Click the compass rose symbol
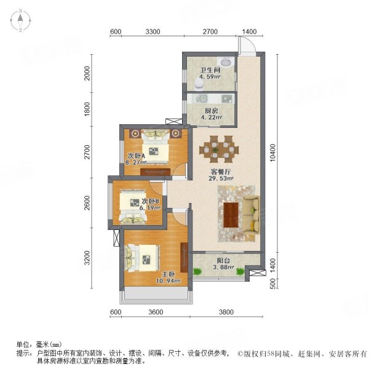(x=20, y=20)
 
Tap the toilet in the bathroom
(x=199, y=84)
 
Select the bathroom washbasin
(x=226, y=62)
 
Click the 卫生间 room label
(x=210, y=70)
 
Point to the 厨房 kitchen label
(x=212, y=111)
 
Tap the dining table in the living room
(x=219, y=149)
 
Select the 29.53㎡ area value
(x=221, y=178)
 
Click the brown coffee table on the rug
(x=231, y=215)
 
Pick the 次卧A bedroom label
(x=136, y=156)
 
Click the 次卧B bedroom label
(x=151, y=201)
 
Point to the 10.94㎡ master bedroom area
(x=168, y=280)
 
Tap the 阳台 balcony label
(x=223, y=261)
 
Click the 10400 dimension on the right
(x=272, y=153)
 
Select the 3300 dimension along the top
(x=153, y=31)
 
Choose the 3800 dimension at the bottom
(x=226, y=312)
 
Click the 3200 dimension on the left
(x=87, y=258)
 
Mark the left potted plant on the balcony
(x=197, y=272)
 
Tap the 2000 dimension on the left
(x=87, y=73)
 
